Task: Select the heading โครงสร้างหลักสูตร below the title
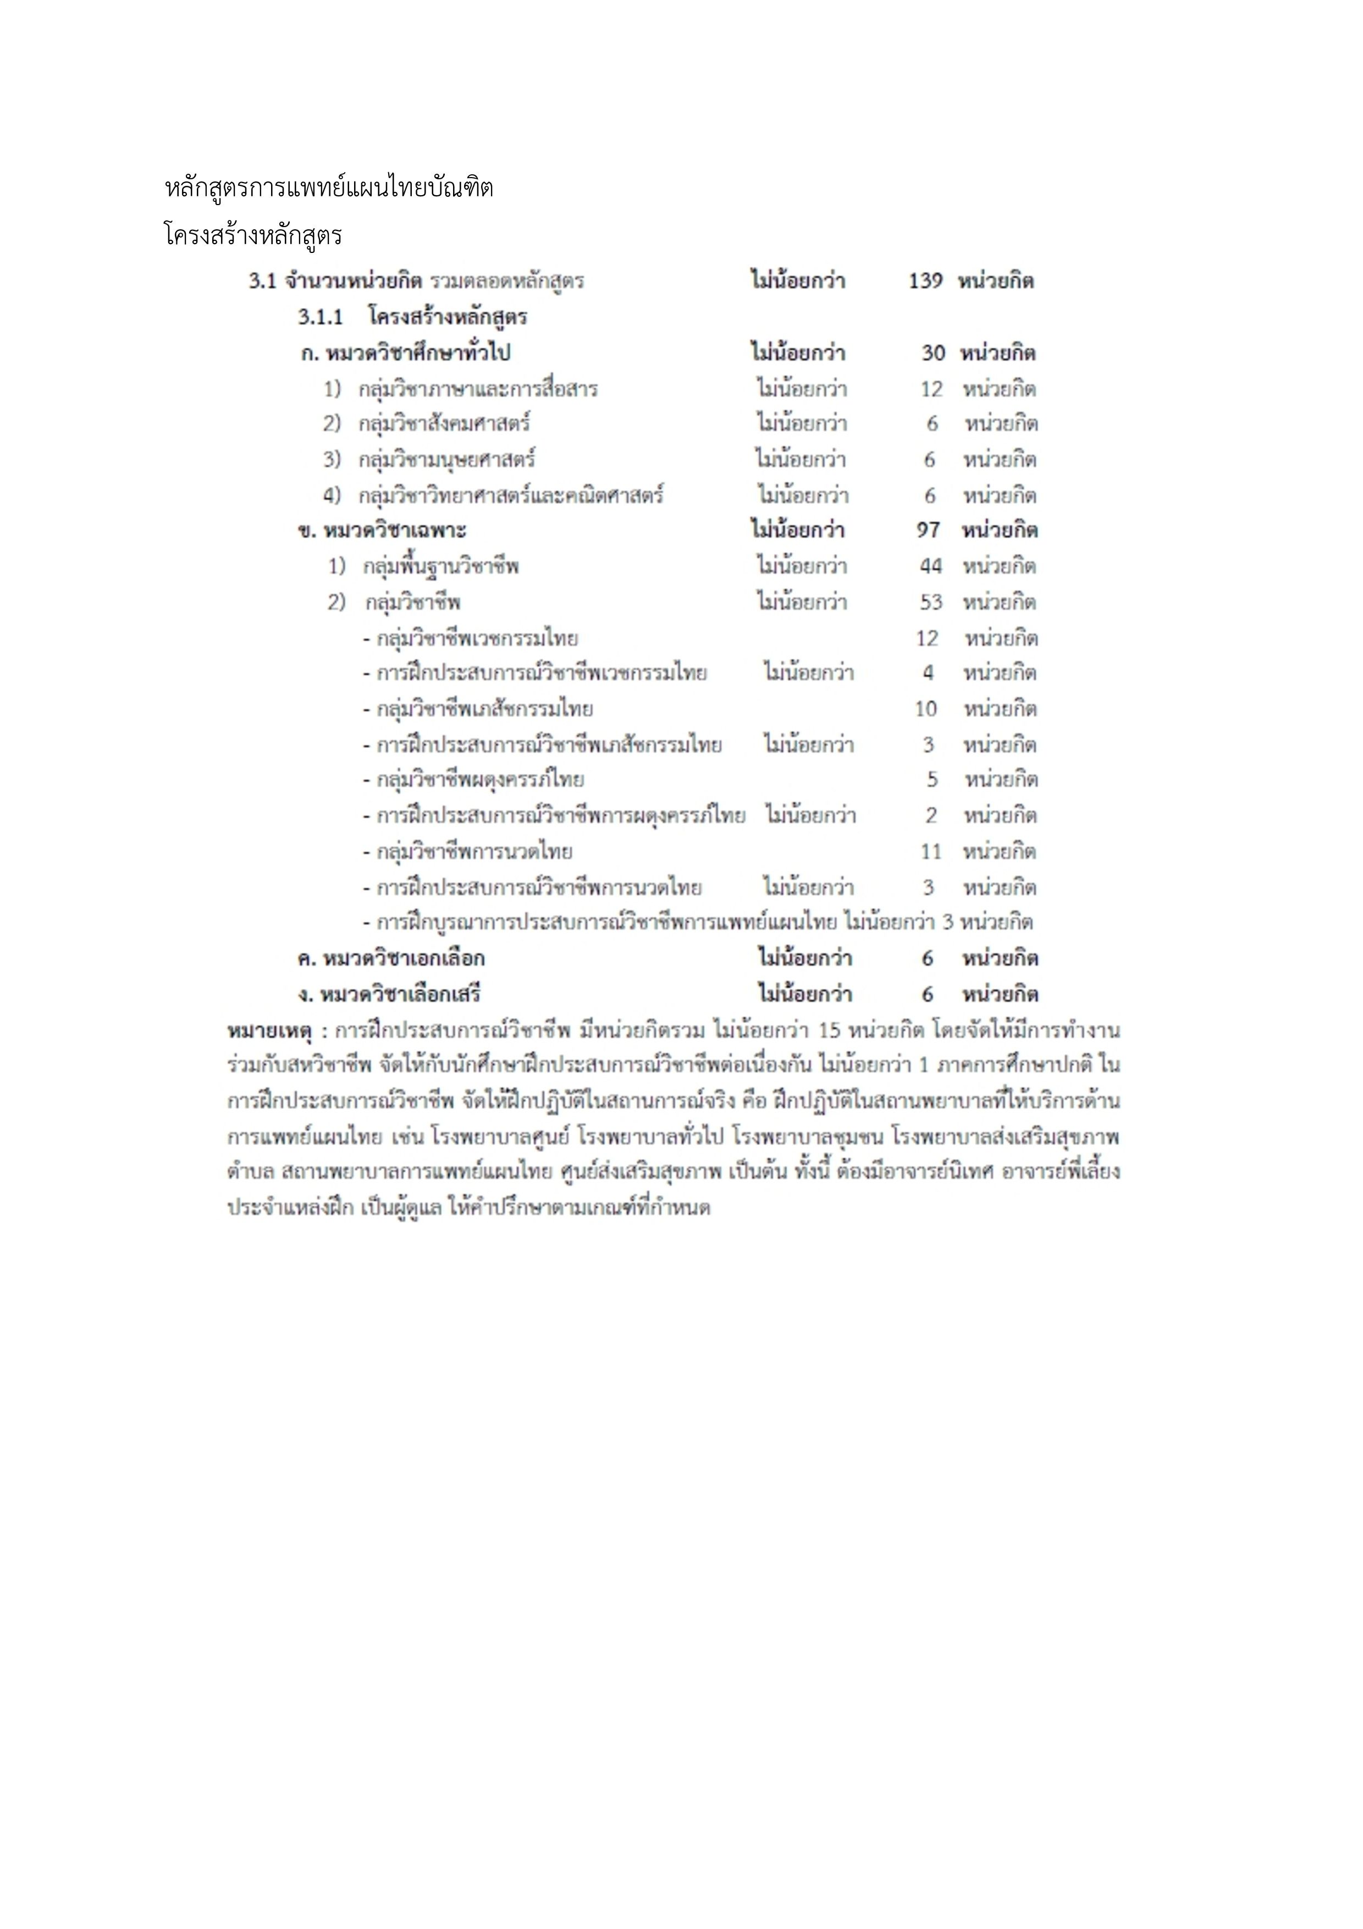coord(253,235)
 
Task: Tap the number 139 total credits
coord(925,280)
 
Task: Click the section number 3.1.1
coord(320,317)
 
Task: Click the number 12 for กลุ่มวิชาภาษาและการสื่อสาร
coord(931,389)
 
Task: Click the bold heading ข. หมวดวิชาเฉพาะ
coord(382,530)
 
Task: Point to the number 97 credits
coord(928,530)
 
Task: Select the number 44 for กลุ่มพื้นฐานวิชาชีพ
coord(930,566)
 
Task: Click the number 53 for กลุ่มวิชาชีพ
coord(930,602)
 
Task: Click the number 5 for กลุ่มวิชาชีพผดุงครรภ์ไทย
coord(932,780)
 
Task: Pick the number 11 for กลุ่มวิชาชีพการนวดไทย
coord(930,852)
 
